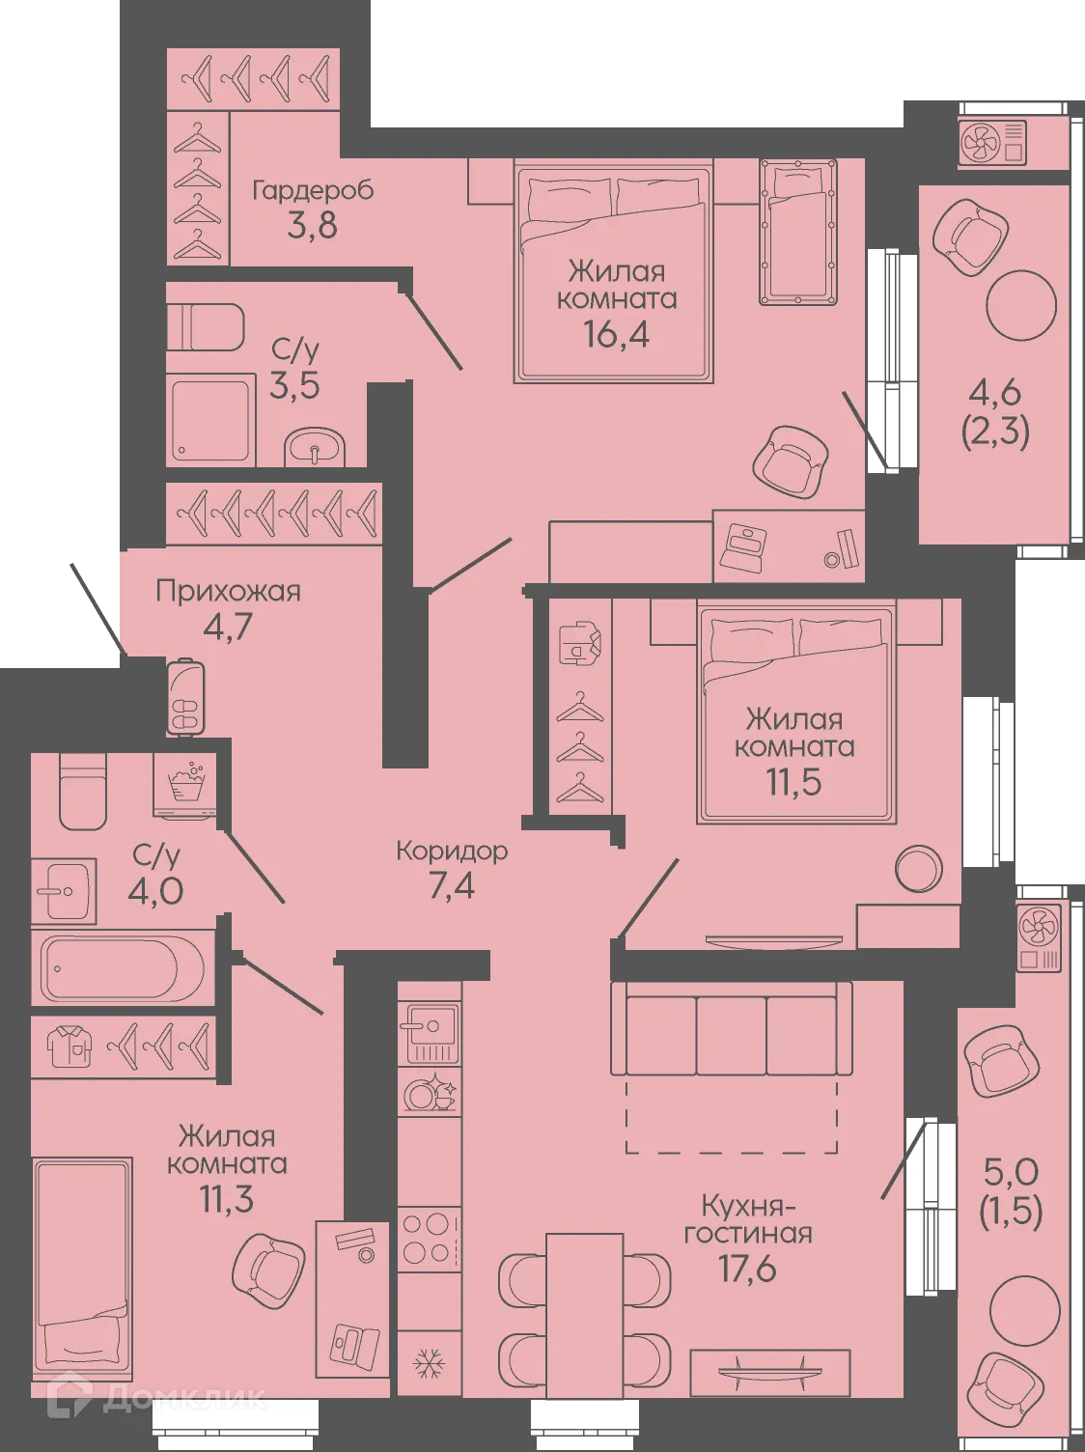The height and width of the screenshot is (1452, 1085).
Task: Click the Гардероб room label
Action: pos(312,190)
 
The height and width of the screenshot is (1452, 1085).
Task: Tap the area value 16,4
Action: pos(616,334)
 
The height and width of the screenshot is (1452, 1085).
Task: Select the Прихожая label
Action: pos(228,591)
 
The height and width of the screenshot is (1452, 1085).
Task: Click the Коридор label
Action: pos(452,852)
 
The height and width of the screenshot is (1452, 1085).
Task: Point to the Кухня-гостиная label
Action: pos(748,1219)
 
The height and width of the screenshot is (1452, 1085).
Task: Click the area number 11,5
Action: pos(793,782)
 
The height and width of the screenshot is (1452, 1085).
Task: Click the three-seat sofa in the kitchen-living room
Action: pos(731,1029)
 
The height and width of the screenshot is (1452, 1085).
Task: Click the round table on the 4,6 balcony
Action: pos(1021,304)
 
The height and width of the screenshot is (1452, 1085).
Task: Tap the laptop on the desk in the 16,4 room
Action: pos(744,546)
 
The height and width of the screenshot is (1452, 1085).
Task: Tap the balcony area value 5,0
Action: pos(1011,1172)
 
